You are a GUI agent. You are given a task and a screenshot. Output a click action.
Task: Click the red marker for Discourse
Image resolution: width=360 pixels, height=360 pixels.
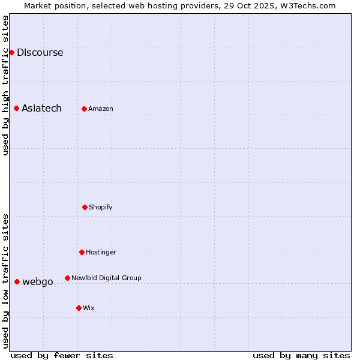tap(11, 52)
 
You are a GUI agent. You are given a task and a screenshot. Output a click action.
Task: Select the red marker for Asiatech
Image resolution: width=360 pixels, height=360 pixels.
tap(17, 108)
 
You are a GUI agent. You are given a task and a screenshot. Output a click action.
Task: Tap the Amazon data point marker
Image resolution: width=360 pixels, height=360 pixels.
tap(85, 109)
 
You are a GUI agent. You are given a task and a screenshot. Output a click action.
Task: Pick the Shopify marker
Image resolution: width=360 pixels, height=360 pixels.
tap(85, 207)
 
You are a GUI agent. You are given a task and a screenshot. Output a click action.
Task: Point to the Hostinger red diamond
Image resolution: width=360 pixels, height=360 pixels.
tap(82, 252)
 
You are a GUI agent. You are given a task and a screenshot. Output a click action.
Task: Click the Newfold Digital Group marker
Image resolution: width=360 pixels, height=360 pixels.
tap(67, 278)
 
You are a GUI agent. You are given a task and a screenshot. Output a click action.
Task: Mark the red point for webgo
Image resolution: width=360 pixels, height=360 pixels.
tap(17, 281)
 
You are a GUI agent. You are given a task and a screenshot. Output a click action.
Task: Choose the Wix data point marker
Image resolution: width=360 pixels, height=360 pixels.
tap(79, 308)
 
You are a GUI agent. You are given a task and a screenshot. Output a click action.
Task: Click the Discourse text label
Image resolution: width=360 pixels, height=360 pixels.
tap(40, 52)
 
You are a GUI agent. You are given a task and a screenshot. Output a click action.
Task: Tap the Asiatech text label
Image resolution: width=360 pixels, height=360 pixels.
tap(41, 108)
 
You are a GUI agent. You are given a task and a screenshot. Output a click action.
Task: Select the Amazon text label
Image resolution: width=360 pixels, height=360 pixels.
tap(101, 109)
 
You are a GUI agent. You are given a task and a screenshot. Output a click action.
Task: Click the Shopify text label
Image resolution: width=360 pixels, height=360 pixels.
tap(101, 207)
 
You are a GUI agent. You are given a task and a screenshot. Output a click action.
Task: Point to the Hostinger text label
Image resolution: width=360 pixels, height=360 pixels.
tap(101, 252)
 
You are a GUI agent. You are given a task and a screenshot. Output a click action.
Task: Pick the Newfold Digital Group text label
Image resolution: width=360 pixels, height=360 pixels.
tap(106, 278)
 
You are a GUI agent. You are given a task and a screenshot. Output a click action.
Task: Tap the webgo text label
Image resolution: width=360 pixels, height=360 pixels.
tap(38, 281)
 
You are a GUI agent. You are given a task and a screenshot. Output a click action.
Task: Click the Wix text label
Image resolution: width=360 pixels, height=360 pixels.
tap(89, 308)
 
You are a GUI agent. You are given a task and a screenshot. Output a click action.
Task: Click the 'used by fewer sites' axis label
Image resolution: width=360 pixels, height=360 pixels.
tap(62, 355)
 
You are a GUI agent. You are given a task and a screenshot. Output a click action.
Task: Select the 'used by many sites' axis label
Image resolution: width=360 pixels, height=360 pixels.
tap(301, 355)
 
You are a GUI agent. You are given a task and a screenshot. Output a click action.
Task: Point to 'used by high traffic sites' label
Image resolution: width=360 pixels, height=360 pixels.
tap(5, 85)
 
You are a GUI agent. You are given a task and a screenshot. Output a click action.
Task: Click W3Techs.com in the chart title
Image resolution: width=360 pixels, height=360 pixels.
tap(306, 5)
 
